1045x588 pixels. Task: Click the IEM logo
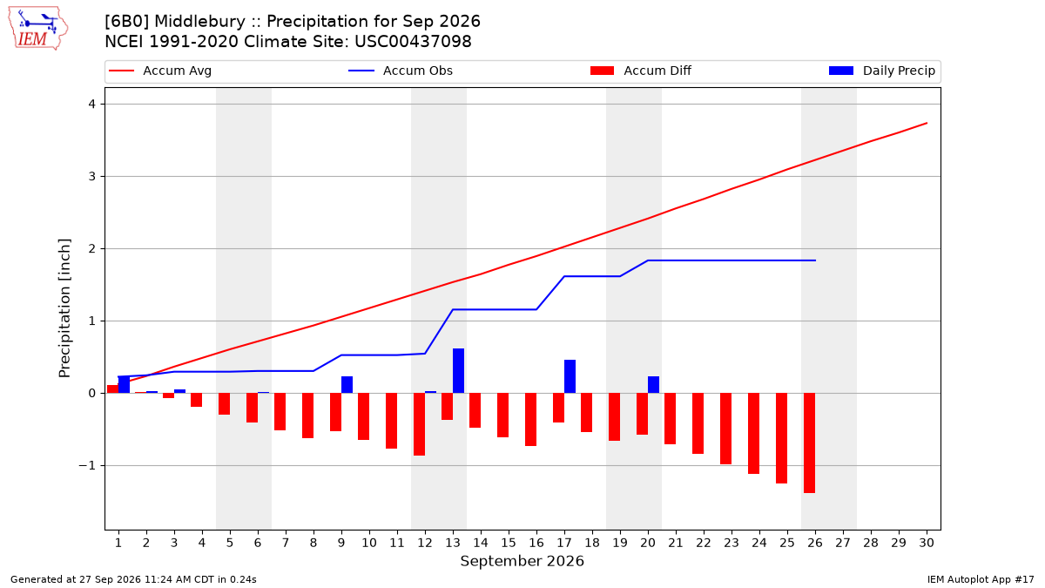pos(38,29)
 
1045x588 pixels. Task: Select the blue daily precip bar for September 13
pos(459,371)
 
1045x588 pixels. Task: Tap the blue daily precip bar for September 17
pos(570,376)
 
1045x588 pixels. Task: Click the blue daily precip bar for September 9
pos(347,385)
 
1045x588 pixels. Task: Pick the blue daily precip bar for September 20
pos(654,385)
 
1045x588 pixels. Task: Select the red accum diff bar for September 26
pos(809,443)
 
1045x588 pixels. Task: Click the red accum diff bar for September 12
pos(420,424)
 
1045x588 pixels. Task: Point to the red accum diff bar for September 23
pos(726,429)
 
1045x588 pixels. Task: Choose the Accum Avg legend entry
pos(160,71)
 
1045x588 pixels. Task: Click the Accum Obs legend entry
pos(401,71)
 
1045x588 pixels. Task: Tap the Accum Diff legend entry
pos(641,71)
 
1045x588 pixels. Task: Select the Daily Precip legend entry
pos(882,71)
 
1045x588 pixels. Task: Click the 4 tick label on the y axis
pos(92,104)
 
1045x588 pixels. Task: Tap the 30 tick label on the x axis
pos(927,543)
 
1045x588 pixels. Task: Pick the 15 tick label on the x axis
pos(509,543)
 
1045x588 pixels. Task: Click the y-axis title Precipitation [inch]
pos(64,308)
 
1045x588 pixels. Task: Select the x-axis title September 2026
pos(522,561)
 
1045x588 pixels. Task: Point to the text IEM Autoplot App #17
pos(981,579)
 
